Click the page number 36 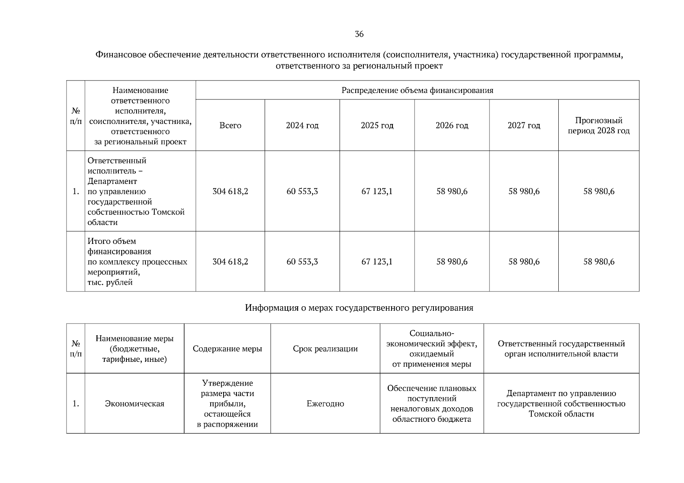[359, 34]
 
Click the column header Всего [230, 126]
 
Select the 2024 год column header [302, 126]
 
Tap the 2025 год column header [377, 126]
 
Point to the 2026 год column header [452, 126]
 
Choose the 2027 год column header [524, 126]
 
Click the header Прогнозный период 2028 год [599, 126]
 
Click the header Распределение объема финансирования [417, 90]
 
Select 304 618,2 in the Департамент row [230, 192]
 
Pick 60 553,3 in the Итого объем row [302, 262]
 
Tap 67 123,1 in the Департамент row [377, 192]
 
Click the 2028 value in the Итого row [599, 262]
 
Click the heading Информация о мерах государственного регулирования [359, 308]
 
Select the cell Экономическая [135, 404]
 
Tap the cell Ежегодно [325, 404]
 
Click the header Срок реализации [325, 349]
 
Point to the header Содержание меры [227, 349]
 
